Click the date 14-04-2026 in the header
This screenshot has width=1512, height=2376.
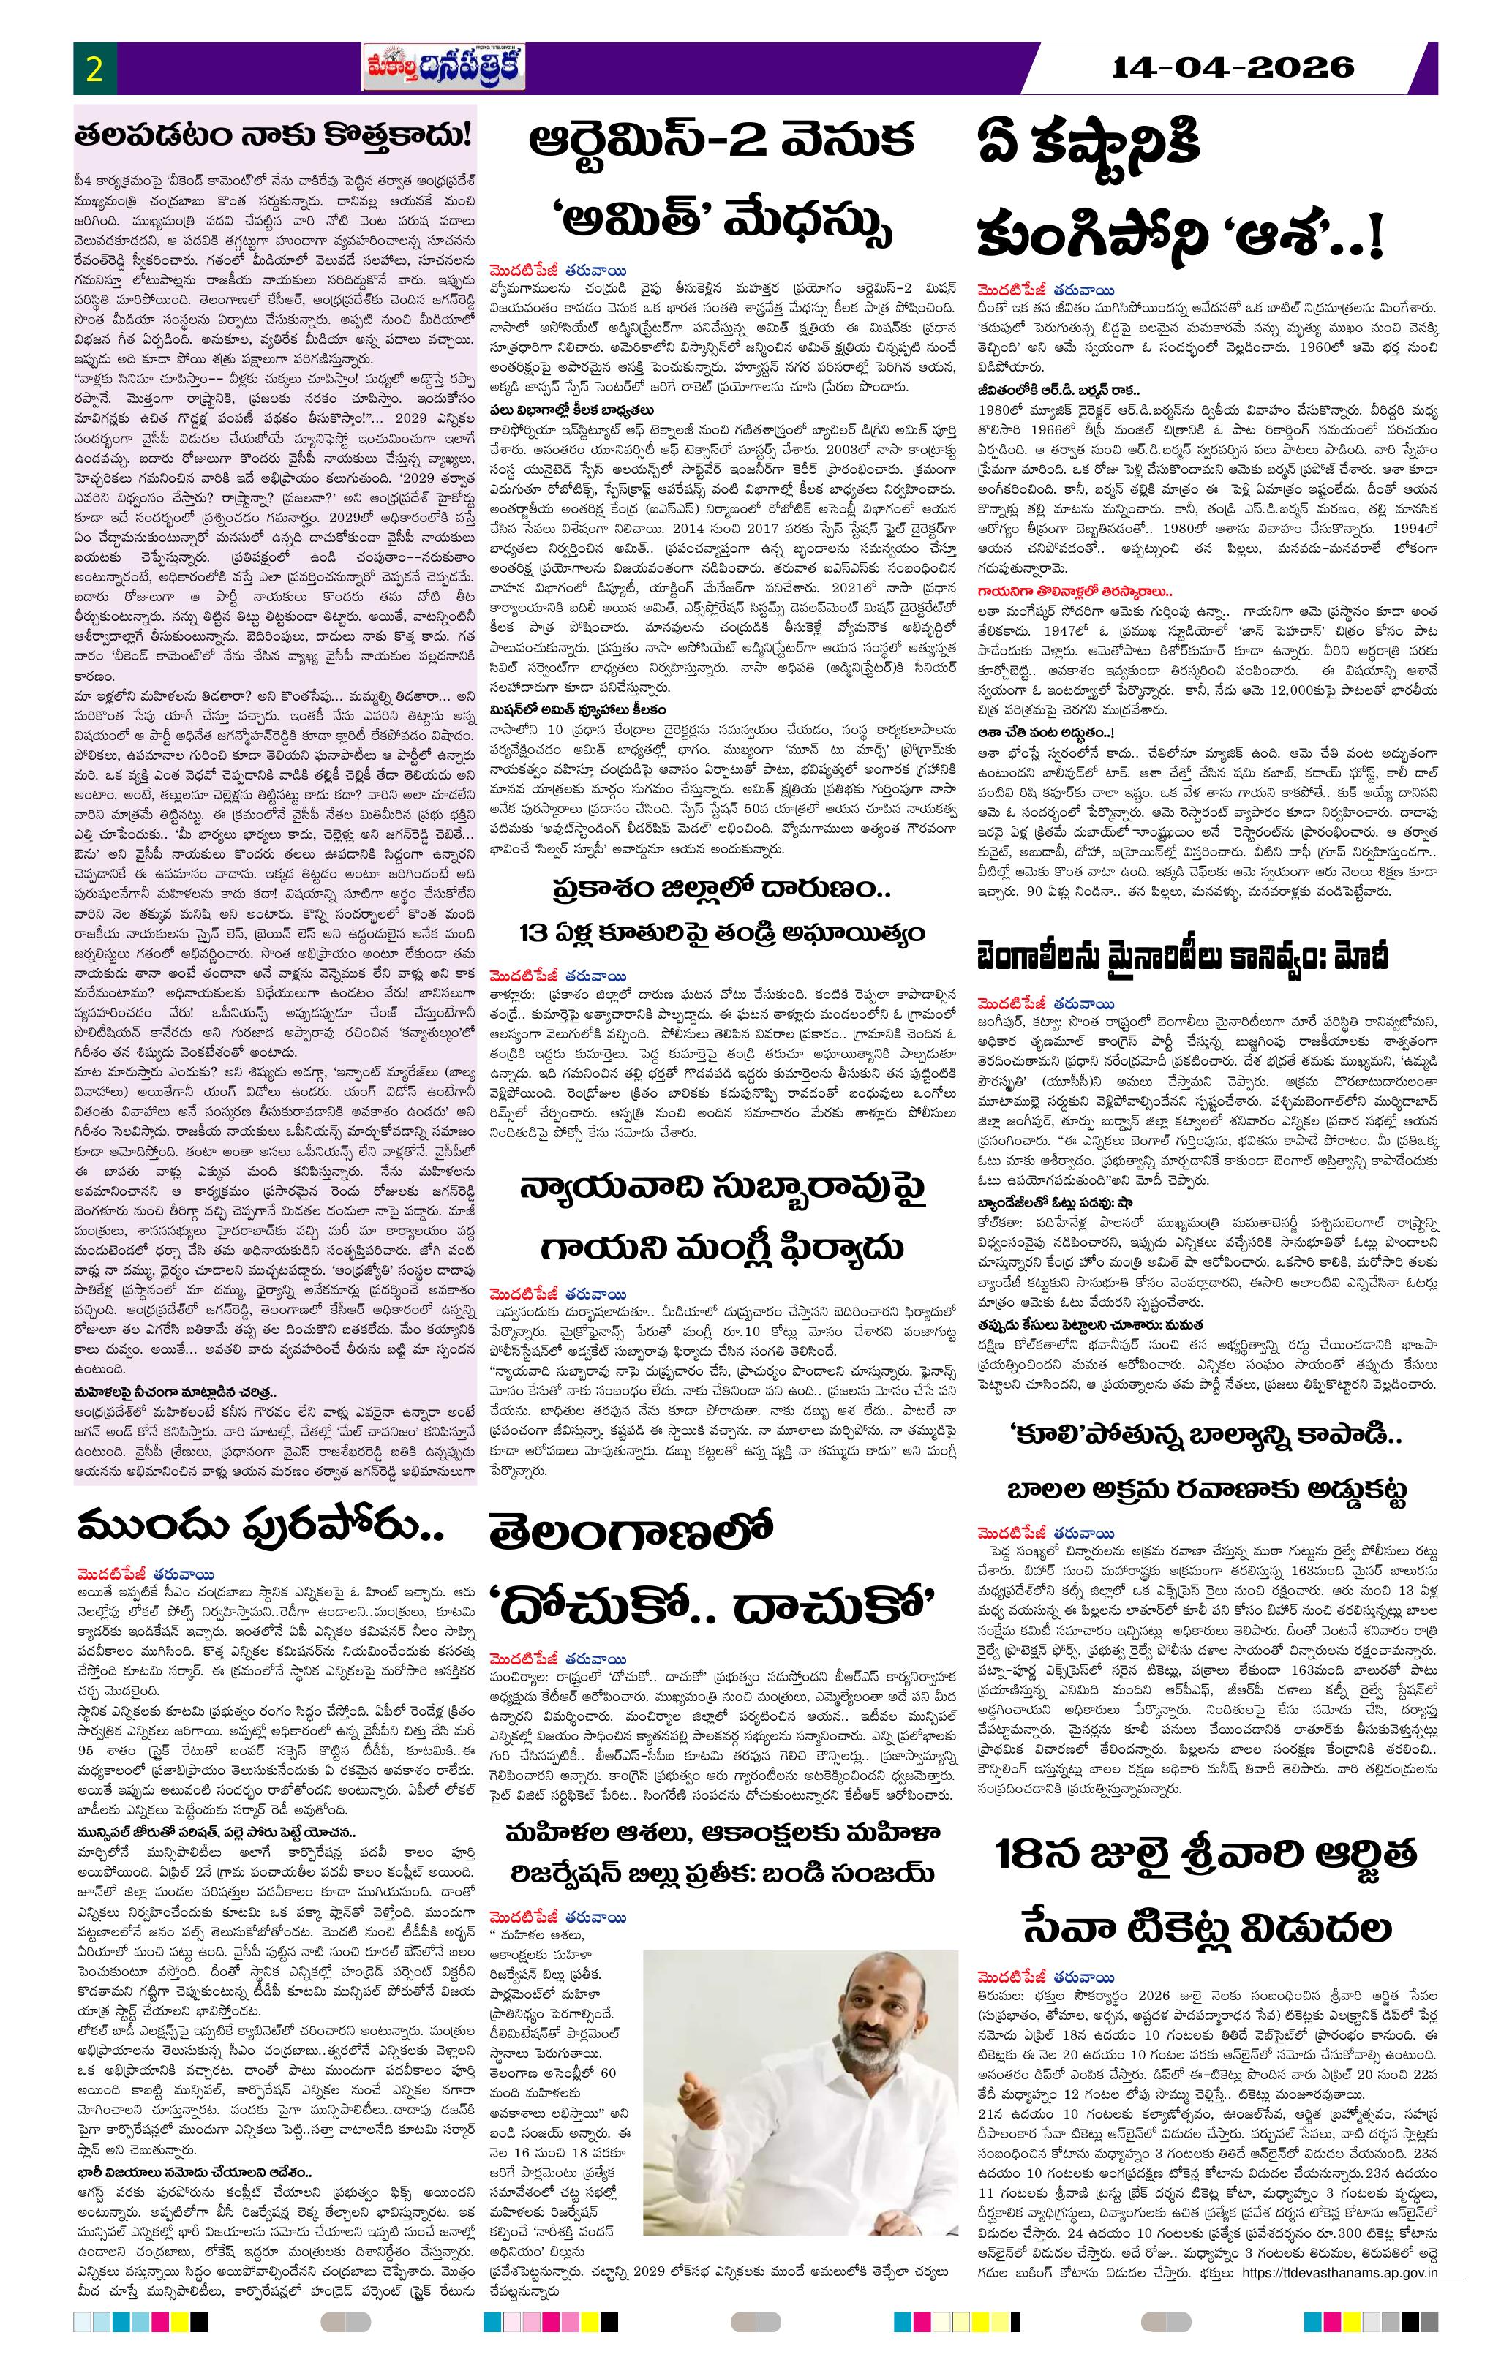(x=1233, y=67)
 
